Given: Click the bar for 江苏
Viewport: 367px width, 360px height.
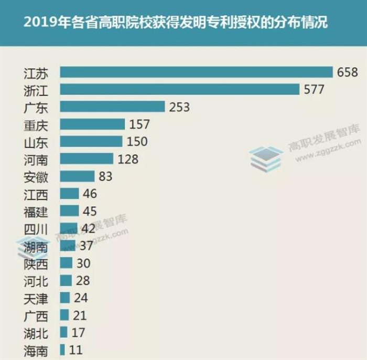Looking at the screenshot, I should pos(197,72).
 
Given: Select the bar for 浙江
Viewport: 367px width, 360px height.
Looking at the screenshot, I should pos(179,89).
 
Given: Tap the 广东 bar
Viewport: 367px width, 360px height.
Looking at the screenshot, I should pos(113,107).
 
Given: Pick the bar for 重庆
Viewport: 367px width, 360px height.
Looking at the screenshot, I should pos(92,124).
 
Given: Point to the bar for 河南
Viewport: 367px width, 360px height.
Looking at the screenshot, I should pos(87,158).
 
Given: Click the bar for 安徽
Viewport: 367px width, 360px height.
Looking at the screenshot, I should pos(77,176).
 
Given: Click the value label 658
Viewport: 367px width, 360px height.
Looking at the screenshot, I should pos(347,72).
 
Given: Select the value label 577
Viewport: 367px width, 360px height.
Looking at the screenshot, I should pos(314,89).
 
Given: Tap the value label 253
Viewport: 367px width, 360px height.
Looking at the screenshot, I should pos(179,107).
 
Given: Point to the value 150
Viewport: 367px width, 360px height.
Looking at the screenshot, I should pos(137,141).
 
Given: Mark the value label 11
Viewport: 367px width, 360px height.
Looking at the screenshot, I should pos(76,350).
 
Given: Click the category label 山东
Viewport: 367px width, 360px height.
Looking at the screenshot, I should pos(36,142).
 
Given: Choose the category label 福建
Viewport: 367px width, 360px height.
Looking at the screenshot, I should pos(36,211).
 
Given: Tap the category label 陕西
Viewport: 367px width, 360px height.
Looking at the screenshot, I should pos(36,263).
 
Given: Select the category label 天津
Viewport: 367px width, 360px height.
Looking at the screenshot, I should pos(36,299).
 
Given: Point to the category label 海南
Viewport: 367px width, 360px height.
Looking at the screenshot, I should pos(36,351).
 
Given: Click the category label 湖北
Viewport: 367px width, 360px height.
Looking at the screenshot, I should pos(36,333).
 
